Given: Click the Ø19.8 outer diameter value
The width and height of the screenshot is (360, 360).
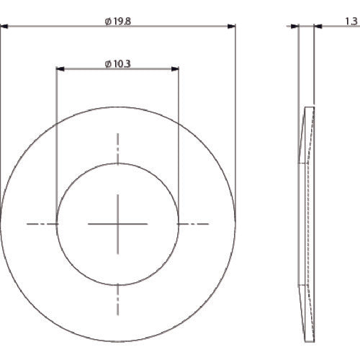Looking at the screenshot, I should pos(120,22).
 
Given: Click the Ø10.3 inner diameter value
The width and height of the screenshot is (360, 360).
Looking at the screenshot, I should pos(120,64).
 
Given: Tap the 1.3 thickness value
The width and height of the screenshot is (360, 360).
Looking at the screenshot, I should pos(351,22).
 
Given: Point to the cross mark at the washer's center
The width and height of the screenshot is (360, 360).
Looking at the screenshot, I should pos(118,225).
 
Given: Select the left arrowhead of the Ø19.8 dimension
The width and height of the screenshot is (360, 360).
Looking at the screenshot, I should pos(4,27).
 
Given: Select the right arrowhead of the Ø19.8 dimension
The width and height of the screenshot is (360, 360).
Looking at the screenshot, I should pos(232,27).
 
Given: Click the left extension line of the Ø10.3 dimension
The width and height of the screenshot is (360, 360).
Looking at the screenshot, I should pos(57,144).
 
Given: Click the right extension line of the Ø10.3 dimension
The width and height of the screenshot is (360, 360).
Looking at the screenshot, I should pos(179,144).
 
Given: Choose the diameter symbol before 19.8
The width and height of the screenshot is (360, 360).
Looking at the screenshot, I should pos(107,22).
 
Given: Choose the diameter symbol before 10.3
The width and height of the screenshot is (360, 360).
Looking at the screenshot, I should pos(107,64).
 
